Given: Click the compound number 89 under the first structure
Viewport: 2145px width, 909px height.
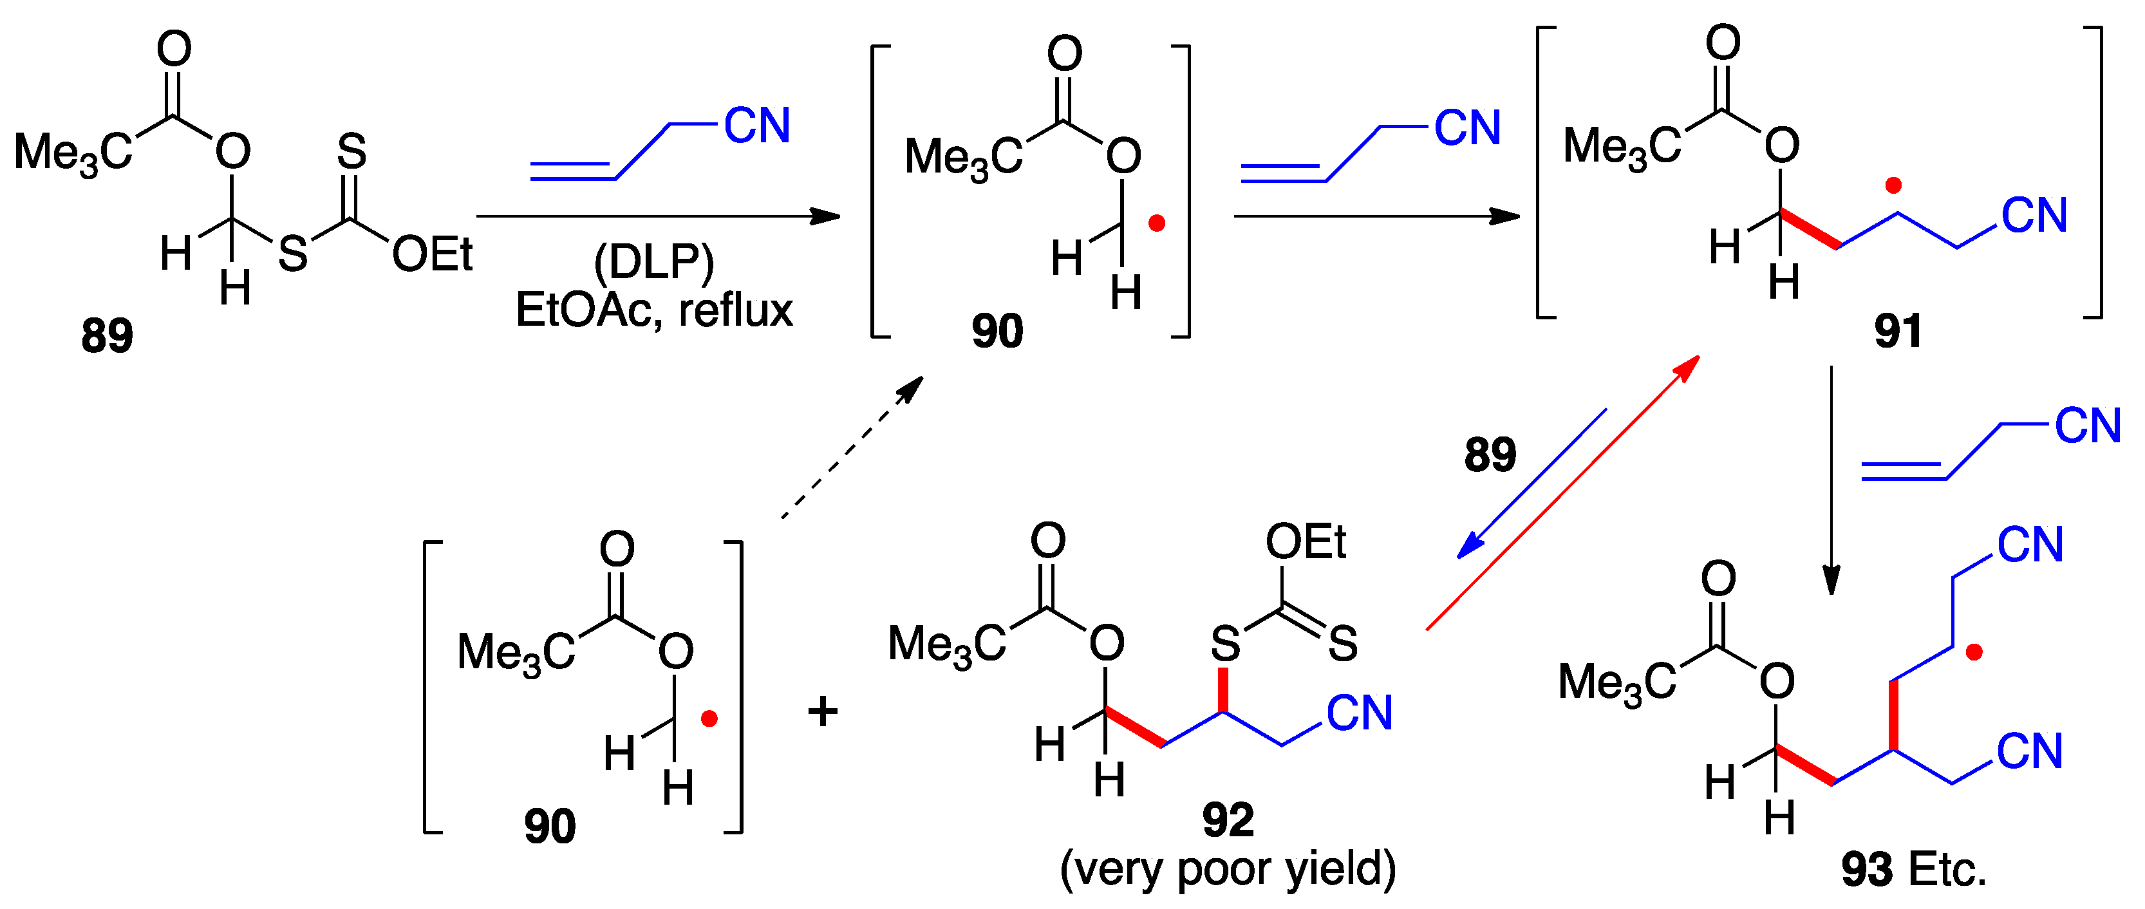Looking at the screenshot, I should coord(107,335).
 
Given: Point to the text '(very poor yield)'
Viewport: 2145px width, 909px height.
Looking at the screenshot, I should coord(1228,868).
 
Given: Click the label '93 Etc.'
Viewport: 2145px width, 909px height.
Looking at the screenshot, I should coord(1913,869).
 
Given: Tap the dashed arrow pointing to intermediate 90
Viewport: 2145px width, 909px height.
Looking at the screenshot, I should coord(852,447).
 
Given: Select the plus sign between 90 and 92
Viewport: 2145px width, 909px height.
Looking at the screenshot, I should coord(823,712).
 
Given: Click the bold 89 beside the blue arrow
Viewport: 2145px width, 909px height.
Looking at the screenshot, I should coord(1490,454).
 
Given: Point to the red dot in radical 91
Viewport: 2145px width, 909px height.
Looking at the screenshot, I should coord(1893,185).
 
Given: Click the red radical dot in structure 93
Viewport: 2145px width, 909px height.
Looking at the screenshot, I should coord(1974,653).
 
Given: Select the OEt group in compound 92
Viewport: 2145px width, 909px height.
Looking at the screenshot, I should coord(1305,542).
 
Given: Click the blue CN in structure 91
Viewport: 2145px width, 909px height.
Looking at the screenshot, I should coord(2034,216).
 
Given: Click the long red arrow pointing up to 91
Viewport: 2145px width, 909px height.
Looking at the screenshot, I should coord(1562,492).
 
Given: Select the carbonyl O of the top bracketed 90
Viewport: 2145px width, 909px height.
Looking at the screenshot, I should coord(1064,54).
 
